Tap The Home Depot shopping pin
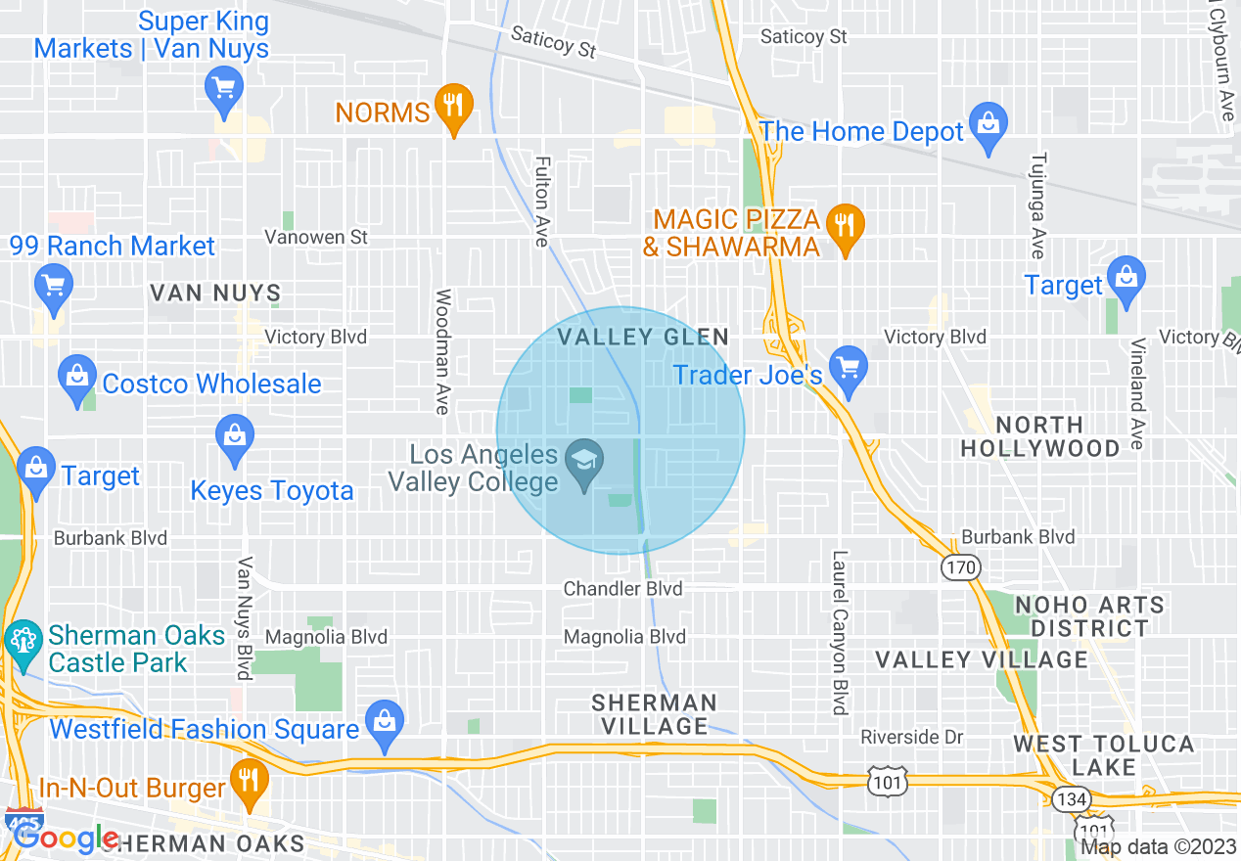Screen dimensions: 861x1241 click(988, 126)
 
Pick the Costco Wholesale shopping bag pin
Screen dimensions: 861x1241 click(76, 379)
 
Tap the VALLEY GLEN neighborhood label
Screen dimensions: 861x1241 click(643, 338)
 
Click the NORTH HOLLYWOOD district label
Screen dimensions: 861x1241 click(1039, 436)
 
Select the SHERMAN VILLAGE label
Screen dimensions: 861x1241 click(655, 714)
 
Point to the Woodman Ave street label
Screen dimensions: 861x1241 click(442, 351)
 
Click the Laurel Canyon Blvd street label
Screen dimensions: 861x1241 click(839, 632)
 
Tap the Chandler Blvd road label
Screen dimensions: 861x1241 click(623, 589)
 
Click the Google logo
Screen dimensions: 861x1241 click(67, 838)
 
